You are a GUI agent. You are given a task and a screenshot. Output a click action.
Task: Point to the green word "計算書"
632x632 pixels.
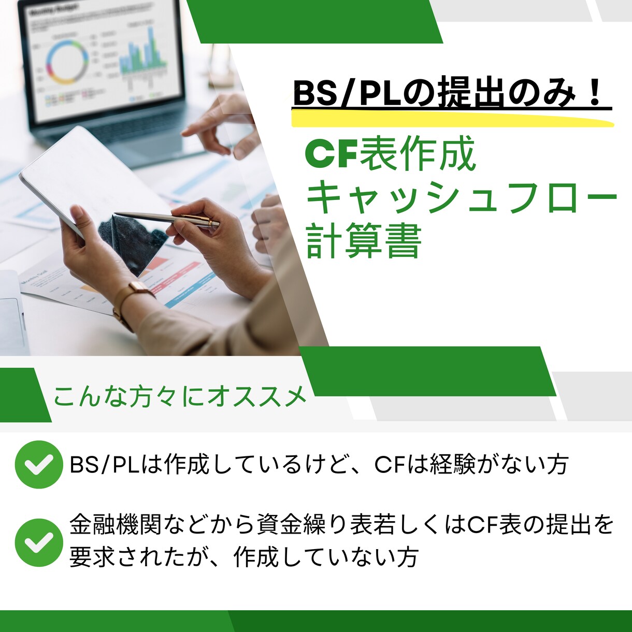[363, 241]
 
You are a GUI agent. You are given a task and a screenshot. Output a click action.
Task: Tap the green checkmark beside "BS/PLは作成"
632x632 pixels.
[39, 464]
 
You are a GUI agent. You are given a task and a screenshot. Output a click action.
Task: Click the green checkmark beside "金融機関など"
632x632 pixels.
[39, 542]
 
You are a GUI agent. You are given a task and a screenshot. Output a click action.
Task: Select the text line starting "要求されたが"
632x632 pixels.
[243, 557]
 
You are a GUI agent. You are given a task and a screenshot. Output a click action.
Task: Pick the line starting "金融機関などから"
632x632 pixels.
[342, 525]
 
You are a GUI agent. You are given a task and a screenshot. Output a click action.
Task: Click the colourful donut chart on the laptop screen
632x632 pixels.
[66, 62]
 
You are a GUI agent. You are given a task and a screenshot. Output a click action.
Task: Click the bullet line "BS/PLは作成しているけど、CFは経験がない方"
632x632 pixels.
[319, 464]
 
